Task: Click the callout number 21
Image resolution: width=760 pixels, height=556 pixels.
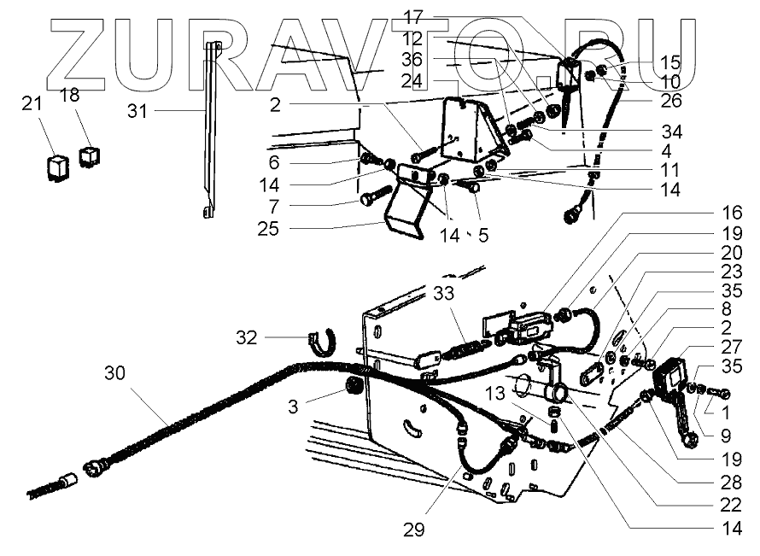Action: click(31, 103)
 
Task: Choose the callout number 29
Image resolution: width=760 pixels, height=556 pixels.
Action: click(414, 530)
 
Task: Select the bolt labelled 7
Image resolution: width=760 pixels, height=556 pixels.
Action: click(368, 201)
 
